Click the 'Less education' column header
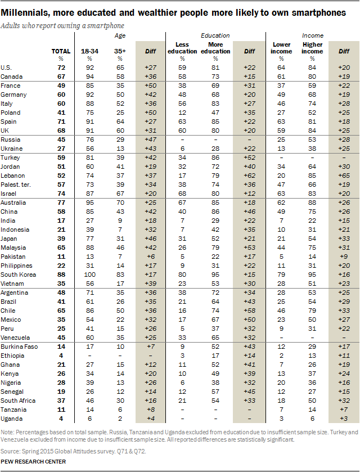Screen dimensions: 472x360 click(183, 48)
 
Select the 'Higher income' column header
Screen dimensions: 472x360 click(313, 48)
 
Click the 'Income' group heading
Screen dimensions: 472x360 click(313, 35)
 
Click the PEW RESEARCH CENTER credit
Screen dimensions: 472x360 click(33, 461)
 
